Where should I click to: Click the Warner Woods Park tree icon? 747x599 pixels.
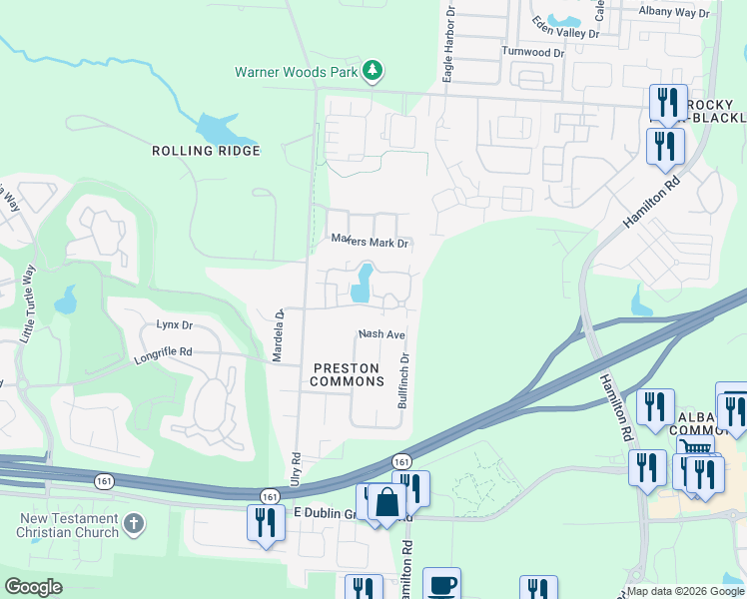[373, 70]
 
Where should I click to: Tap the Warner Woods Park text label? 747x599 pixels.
[297, 72]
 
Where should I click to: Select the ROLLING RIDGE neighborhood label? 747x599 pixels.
[206, 151]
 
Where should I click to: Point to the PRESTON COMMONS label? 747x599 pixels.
[347, 374]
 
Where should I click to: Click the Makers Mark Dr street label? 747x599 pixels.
[371, 242]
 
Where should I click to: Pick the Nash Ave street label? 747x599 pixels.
[380, 334]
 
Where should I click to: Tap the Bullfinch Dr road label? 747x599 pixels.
[404, 379]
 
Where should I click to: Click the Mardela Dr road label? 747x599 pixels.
[281, 334]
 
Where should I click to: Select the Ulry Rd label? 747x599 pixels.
[296, 469]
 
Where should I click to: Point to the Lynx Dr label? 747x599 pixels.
[174, 324]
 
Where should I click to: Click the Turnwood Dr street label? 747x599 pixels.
[532, 52]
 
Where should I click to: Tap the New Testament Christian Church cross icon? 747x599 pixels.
[135, 523]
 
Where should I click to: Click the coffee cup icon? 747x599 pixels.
[441, 585]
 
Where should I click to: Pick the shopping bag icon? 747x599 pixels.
[386, 503]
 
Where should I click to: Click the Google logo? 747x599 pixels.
[33, 587]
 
